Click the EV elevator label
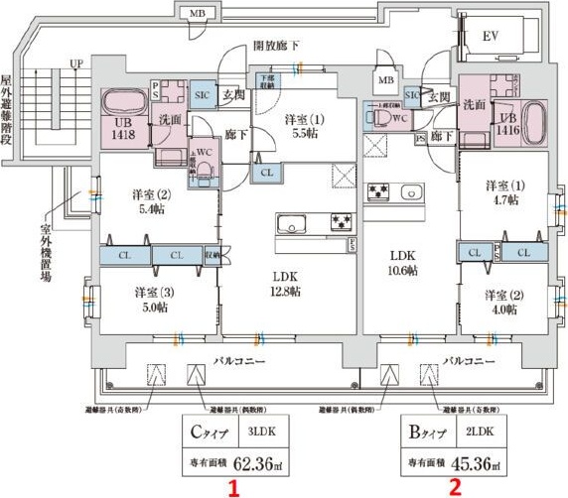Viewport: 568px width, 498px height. [490, 37]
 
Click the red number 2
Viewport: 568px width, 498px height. [455, 487]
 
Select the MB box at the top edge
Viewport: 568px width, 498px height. [198, 13]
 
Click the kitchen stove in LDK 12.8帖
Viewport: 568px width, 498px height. [341, 220]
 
